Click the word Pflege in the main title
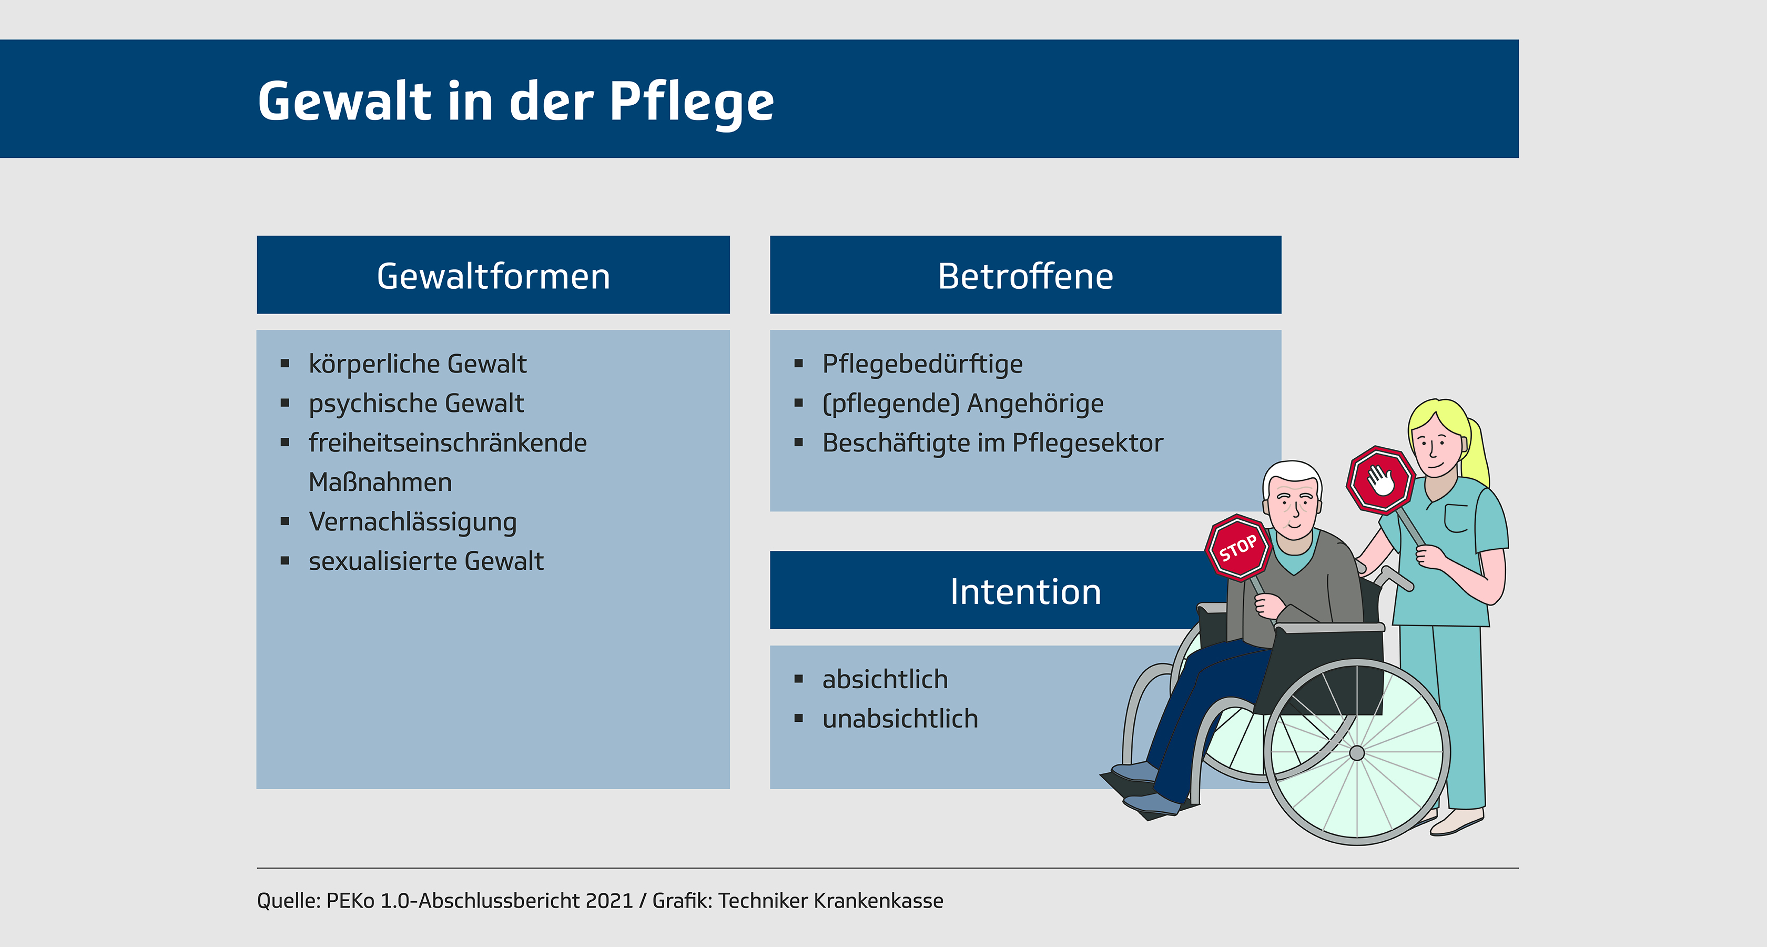pyautogui.click(x=692, y=103)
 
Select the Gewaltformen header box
pyautogui.click(x=493, y=275)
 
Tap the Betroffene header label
pyautogui.click(x=1025, y=276)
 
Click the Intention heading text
pyautogui.click(x=1025, y=591)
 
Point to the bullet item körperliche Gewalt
pyautogui.click(x=418, y=364)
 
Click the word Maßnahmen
pyautogui.click(x=380, y=482)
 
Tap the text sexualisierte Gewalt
pyautogui.click(x=426, y=561)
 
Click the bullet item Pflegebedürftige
pyautogui.click(x=922, y=364)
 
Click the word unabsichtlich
pyautogui.click(x=900, y=719)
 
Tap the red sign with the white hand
pyautogui.click(x=1381, y=480)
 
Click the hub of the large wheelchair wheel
pyautogui.click(x=1357, y=753)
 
